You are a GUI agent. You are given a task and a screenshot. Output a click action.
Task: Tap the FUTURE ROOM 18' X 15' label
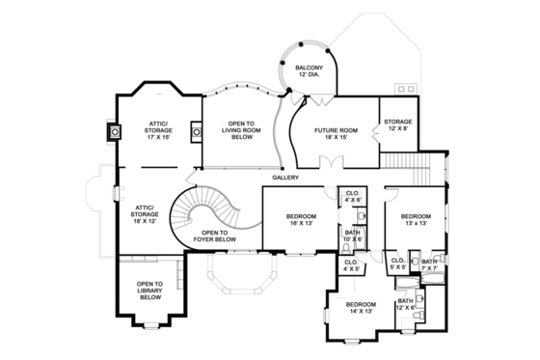tap(337, 133)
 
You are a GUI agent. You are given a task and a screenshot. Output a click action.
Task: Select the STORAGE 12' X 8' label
tap(397, 125)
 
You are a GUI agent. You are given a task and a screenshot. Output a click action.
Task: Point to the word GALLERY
tap(285, 178)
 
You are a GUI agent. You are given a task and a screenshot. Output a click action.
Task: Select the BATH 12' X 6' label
tap(406, 304)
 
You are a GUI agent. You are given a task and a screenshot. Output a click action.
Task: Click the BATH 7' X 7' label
tap(429, 265)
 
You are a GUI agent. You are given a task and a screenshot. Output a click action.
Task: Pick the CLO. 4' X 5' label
tap(351, 266)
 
